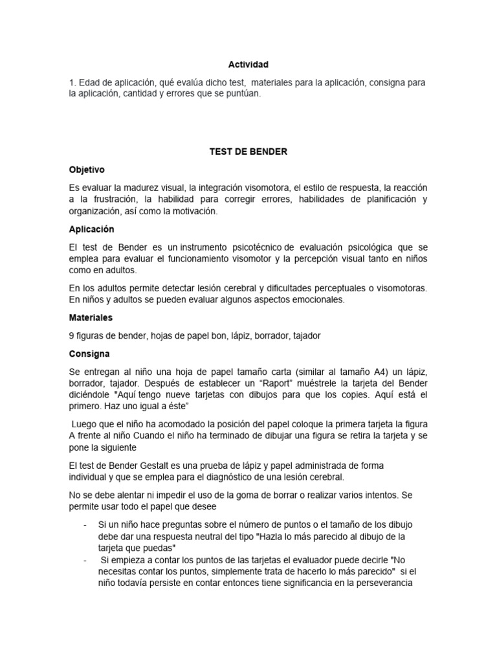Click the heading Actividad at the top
[248, 65]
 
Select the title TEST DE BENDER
[248, 152]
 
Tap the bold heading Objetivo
[87, 169]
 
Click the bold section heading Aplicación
[91, 229]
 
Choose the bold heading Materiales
[91, 318]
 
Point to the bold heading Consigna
[89, 354]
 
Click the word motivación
[194, 211]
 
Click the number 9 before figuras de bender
[72, 335]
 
